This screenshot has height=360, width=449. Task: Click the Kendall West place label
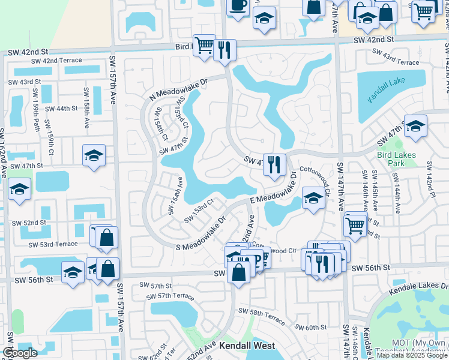(x=247, y=346)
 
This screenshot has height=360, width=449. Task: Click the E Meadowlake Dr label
(x=273, y=192)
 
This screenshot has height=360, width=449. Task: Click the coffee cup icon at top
(x=238, y=6)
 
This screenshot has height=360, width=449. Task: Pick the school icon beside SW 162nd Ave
(x=20, y=190)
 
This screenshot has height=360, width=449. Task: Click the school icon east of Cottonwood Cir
(x=313, y=199)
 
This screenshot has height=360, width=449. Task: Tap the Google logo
(x=20, y=353)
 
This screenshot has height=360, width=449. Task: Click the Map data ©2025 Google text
(x=411, y=355)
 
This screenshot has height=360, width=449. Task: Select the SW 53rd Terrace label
(x=53, y=244)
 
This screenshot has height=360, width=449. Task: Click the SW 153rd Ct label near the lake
(x=199, y=210)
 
